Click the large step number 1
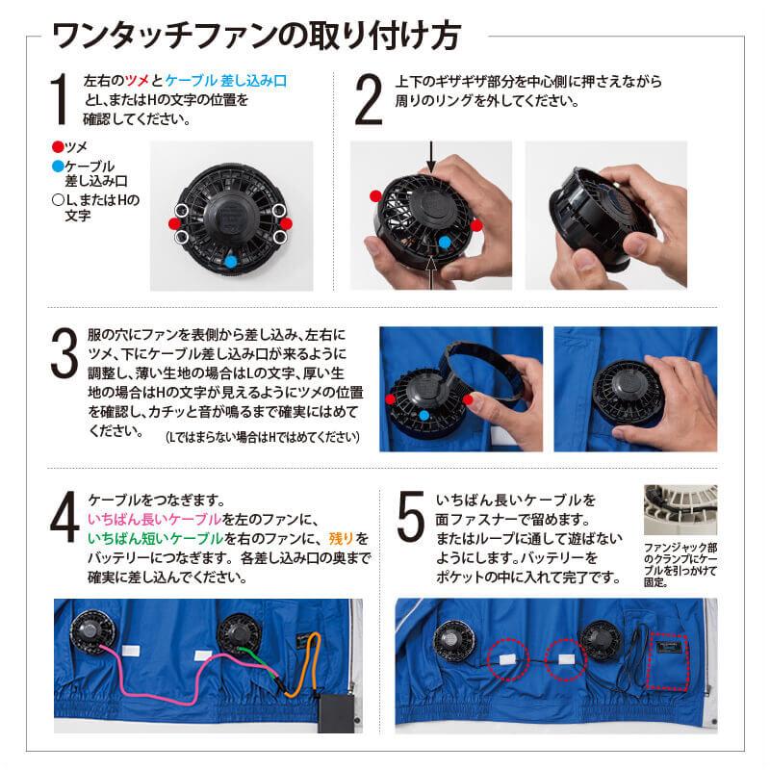click(x=57, y=99)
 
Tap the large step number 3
click(x=62, y=355)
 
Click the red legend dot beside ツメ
click(x=57, y=146)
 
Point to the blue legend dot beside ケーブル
click(x=57, y=166)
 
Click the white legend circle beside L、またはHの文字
click(x=57, y=200)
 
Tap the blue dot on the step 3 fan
click(x=424, y=414)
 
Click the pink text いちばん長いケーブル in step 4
click(x=154, y=519)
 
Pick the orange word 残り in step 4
click(x=341, y=537)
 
